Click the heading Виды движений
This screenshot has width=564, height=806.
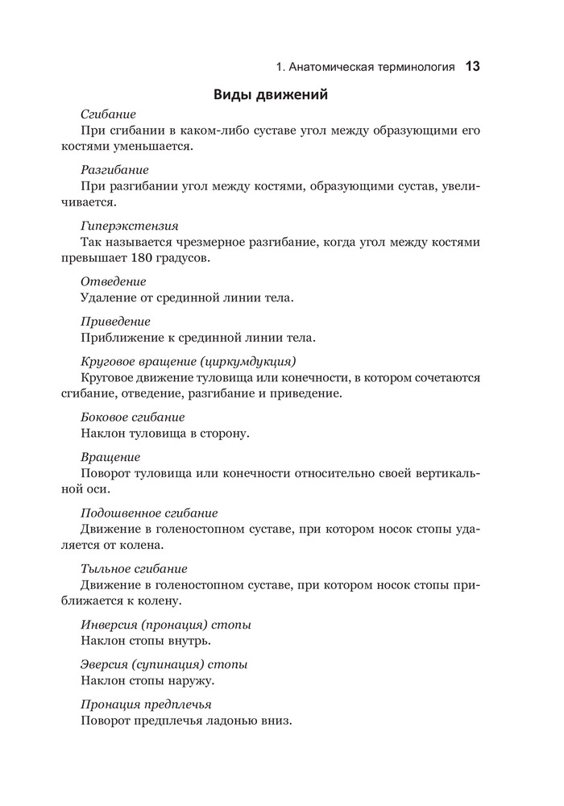click(x=269, y=95)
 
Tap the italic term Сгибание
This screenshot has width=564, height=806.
click(x=108, y=114)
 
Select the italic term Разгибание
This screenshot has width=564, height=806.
click(x=114, y=170)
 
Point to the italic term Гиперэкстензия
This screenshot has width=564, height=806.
click(x=129, y=226)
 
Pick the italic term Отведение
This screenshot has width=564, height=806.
click(x=114, y=281)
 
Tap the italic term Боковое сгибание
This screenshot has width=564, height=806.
click(x=133, y=417)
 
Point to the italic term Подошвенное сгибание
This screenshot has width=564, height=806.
click(x=149, y=513)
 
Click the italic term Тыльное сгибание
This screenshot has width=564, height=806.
click(x=135, y=568)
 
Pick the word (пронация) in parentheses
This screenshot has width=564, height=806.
click(x=172, y=625)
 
